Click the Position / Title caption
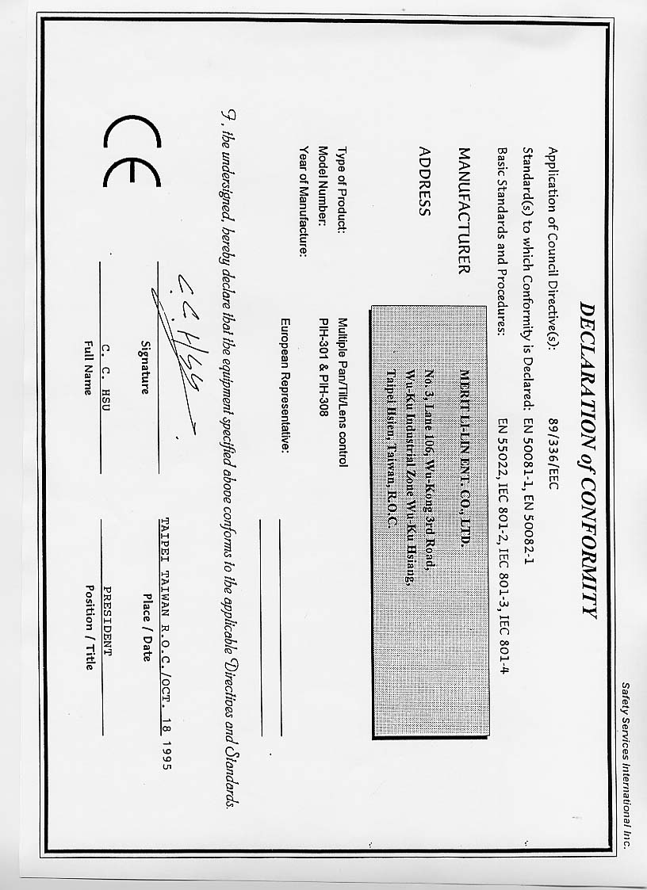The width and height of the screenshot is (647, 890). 90,627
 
